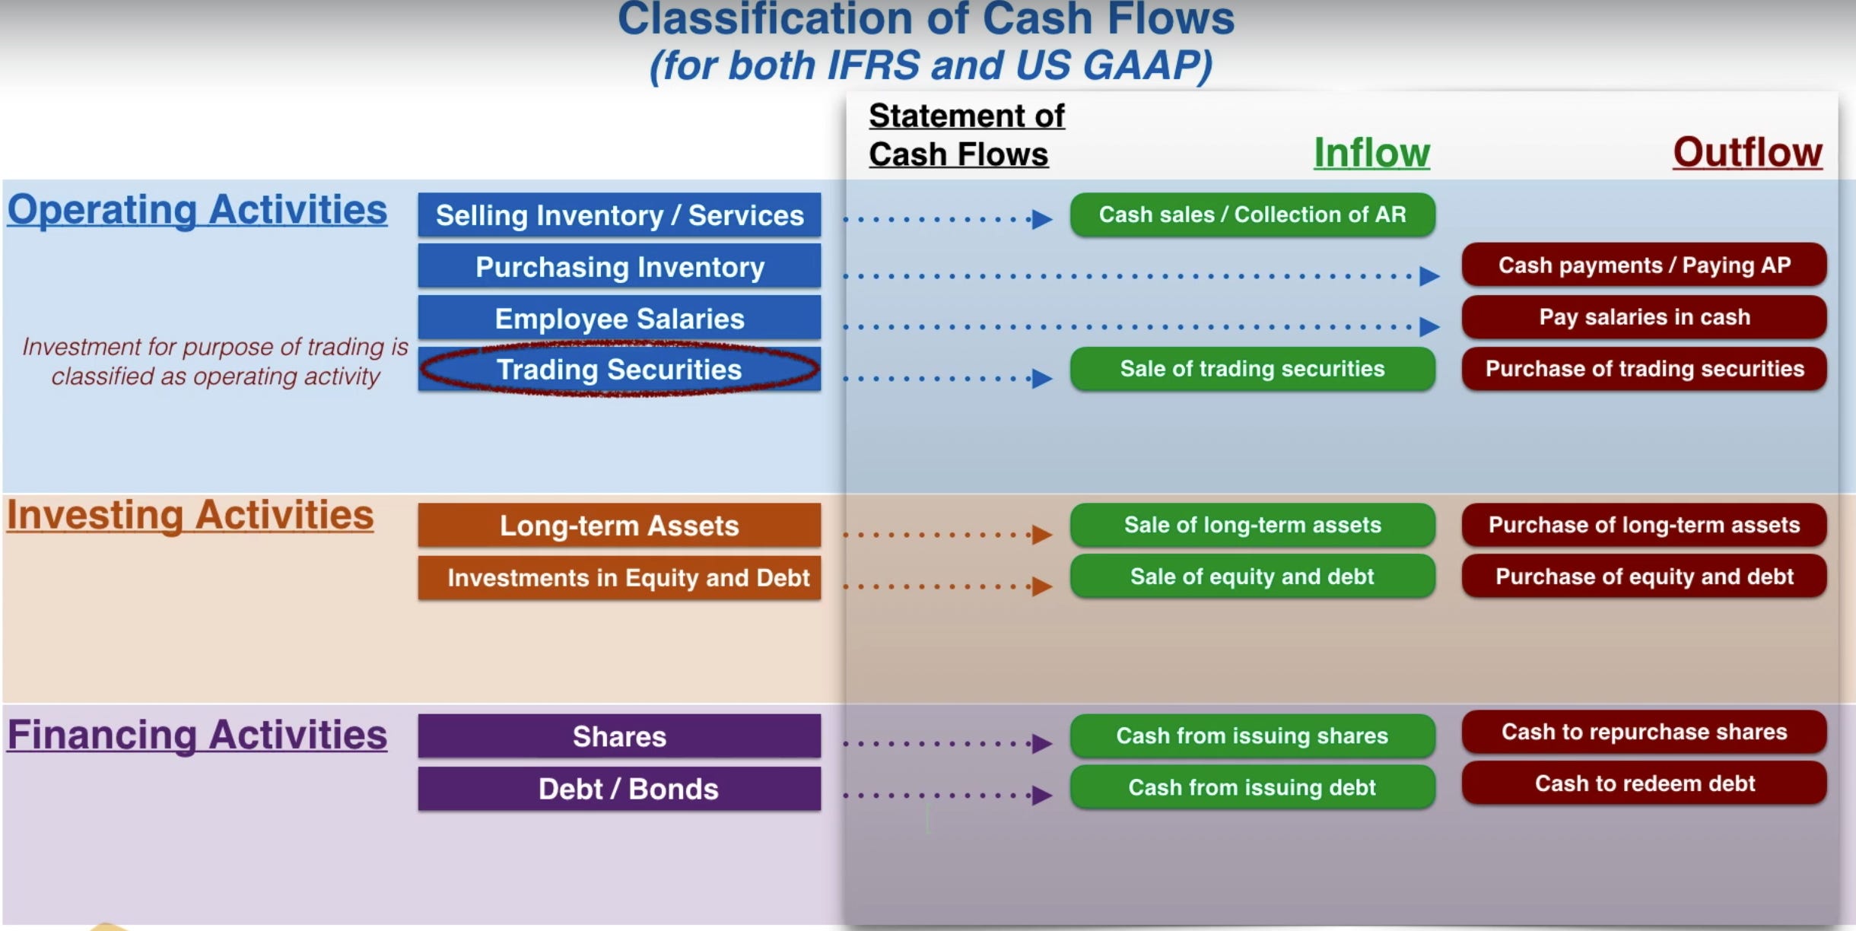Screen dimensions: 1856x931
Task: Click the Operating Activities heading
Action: [x=197, y=210]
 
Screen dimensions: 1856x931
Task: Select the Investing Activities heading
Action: [x=190, y=516]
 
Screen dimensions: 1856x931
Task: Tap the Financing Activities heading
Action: [x=197, y=735]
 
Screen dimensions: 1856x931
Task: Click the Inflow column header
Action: [x=1371, y=153]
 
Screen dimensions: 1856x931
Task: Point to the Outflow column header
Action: [x=1747, y=152]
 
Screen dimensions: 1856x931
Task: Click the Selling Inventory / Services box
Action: [x=619, y=215]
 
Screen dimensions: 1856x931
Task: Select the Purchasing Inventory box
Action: [x=619, y=267]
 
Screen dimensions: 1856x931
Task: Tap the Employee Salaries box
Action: [x=619, y=319]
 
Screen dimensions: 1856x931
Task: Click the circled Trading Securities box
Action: [x=619, y=370]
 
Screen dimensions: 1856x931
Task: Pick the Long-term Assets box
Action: [x=619, y=526]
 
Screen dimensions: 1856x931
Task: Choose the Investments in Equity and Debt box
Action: [x=619, y=578]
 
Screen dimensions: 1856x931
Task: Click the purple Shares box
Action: [x=619, y=736]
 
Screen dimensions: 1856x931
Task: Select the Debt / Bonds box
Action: [x=619, y=789]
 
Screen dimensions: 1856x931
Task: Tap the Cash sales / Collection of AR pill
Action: [x=1252, y=214]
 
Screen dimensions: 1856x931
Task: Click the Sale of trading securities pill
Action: [x=1252, y=369]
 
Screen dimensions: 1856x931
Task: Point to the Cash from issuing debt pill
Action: [x=1252, y=787]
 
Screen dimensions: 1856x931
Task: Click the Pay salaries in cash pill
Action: [x=1644, y=317]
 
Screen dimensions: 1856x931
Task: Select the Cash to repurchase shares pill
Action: [x=1644, y=732]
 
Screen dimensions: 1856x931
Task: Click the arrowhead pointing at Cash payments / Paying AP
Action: [x=1429, y=275]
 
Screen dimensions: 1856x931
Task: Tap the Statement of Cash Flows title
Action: [x=966, y=135]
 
